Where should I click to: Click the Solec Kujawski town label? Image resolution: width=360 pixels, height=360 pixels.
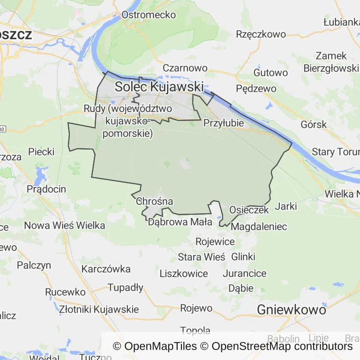[x=159, y=87]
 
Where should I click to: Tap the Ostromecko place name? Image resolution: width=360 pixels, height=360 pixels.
[x=149, y=15]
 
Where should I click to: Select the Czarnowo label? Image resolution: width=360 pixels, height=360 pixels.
[x=185, y=68]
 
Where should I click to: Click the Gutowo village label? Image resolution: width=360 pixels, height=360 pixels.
[x=270, y=73]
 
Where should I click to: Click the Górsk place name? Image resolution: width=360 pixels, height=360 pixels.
[x=314, y=125]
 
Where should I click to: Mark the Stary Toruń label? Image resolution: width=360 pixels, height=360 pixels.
[x=336, y=152]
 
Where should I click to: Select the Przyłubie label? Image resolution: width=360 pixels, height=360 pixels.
[x=224, y=123]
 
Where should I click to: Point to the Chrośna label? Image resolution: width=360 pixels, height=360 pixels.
[x=154, y=202]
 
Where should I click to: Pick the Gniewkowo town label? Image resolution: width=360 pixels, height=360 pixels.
[x=291, y=309]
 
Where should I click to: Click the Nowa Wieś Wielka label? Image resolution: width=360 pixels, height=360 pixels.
[x=64, y=225]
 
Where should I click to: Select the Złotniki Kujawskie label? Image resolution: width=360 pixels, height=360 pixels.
[x=99, y=309]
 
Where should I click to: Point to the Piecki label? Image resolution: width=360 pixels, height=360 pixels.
[x=41, y=152]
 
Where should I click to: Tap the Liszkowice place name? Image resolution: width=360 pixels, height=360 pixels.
[x=184, y=273]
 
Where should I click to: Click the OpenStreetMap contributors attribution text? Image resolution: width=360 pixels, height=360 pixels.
[x=282, y=346]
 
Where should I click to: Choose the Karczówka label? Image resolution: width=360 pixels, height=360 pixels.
[x=106, y=269]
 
